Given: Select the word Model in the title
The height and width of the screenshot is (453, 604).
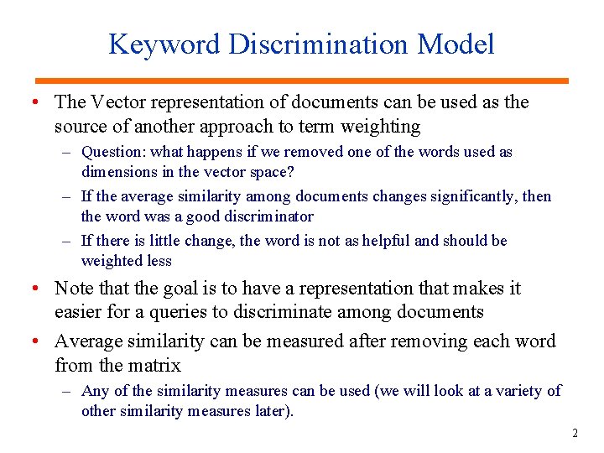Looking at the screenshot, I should pyautogui.click(x=457, y=44).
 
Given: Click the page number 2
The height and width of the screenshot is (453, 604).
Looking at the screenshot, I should pyautogui.click(x=575, y=434).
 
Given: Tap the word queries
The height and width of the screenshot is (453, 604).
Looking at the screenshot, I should pyautogui.click(x=238, y=313).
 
